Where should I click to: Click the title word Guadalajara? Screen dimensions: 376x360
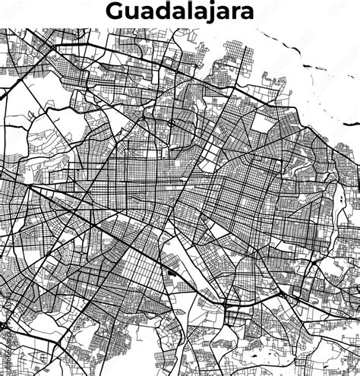click(x=180, y=11)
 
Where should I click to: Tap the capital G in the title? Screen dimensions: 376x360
click(x=115, y=11)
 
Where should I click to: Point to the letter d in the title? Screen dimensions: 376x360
click(x=162, y=11)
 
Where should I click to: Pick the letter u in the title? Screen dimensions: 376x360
click(x=131, y=13)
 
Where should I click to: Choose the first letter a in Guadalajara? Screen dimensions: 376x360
click(x=147, y=13)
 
